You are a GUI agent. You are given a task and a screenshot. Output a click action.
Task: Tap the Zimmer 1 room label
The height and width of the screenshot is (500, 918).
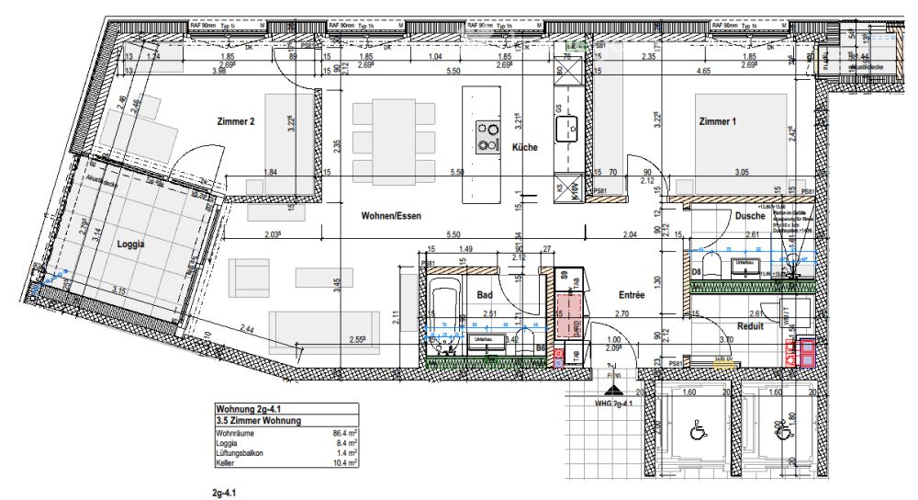[x=718, y=121]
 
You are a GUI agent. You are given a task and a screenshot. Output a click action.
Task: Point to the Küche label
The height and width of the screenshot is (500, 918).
[x=524, y=147]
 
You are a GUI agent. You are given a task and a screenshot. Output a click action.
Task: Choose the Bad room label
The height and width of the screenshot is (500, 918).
[x=487, y=295]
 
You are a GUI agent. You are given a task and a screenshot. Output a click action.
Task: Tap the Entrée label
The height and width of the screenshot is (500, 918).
[x=632, y=295]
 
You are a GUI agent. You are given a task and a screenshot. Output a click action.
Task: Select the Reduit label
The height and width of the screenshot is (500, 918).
[x=752, y=325]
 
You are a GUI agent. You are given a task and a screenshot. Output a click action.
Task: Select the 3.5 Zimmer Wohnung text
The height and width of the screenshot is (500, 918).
[x=258, y=421]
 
